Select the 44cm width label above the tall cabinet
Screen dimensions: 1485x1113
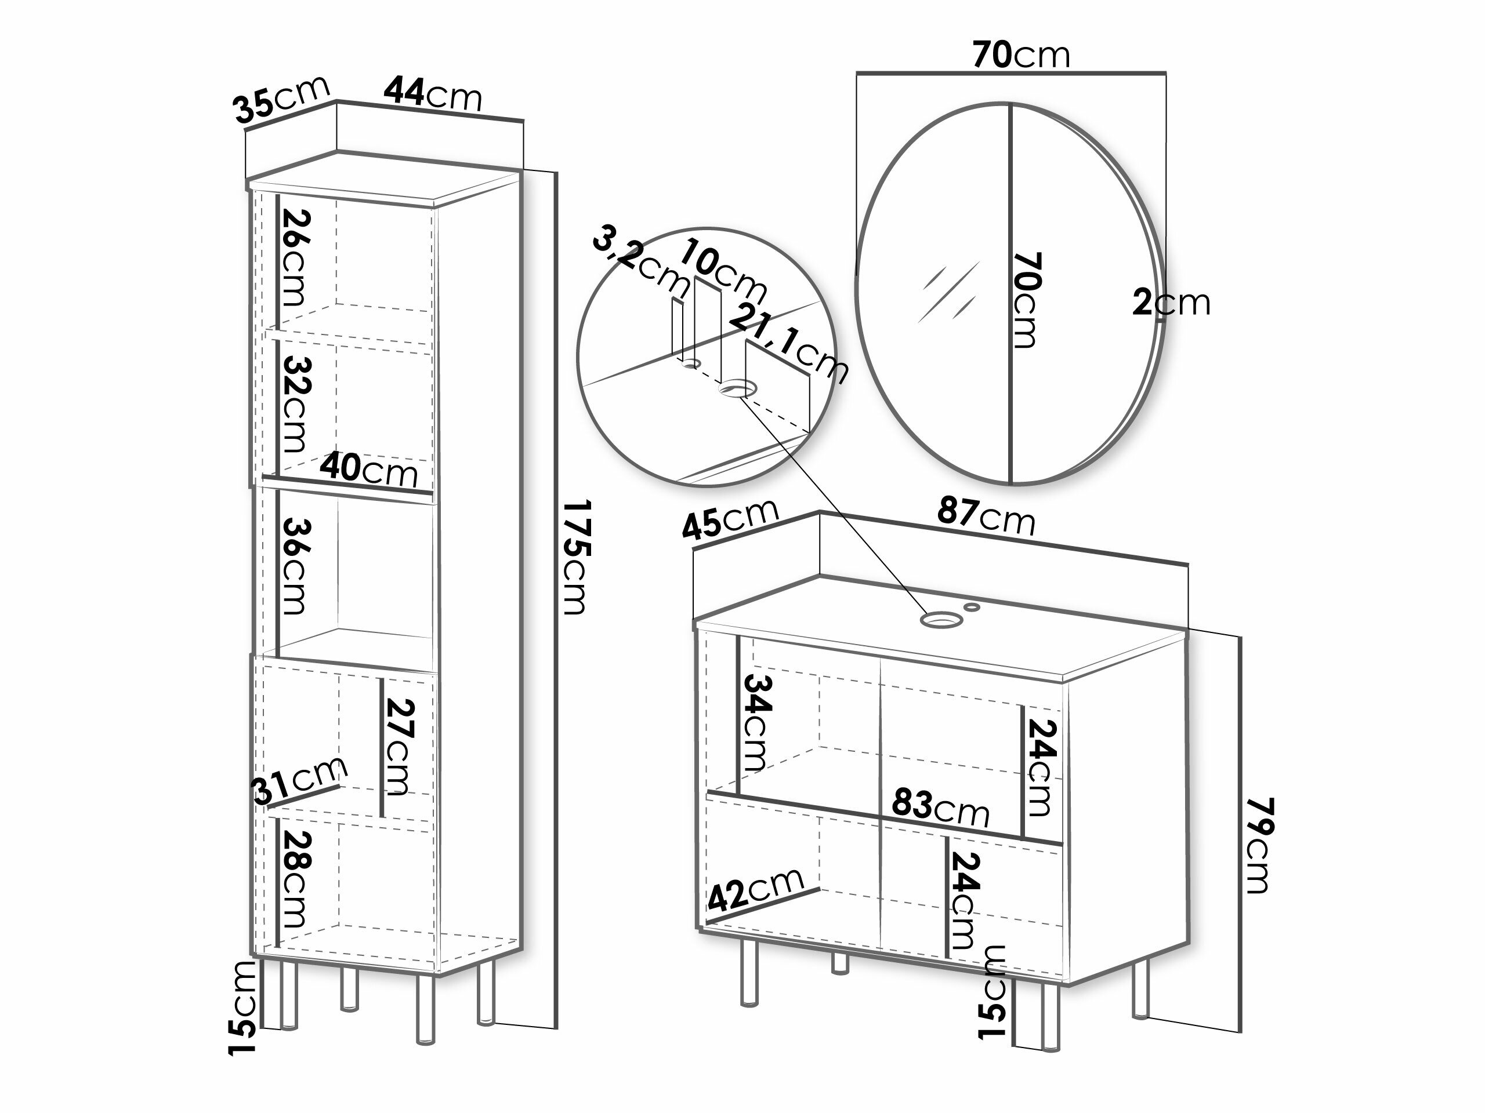[x=433, y=94]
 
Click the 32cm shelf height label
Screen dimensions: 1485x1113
[x=295, y=405]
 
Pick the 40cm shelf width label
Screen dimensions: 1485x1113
[x=368, y=470]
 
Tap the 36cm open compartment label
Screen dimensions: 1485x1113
[x=295, y=566]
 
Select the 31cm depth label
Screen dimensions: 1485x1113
[x=300, y=780]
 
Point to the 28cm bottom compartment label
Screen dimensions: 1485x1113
[x=295, y=879]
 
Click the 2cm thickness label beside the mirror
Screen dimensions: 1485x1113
[x=1172, y=303]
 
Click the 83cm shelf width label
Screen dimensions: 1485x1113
[x=940, y=809]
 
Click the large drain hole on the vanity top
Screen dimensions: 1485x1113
[x=940, y=619]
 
